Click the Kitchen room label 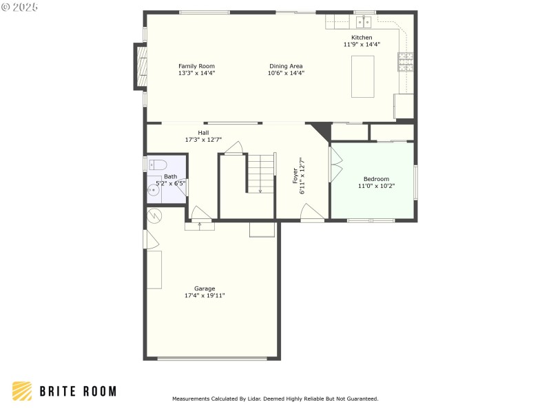[362, 37]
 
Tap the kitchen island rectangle [363, 76]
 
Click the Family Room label [196, 66]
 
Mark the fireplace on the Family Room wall [141, 67]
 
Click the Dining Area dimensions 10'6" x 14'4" [286, 73]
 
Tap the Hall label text [203, 132]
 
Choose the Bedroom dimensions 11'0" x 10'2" [376, 186]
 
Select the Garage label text [205, 288]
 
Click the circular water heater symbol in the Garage [154, 215]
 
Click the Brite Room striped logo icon [22, 391]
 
